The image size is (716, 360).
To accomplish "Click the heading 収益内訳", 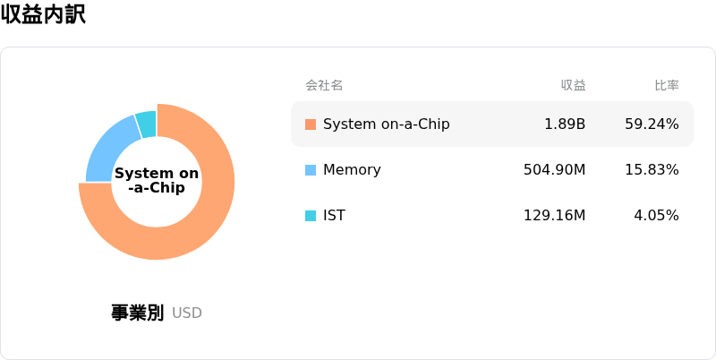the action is pyautogui.click(x=43, y=14).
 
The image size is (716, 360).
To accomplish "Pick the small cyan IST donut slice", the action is pyautogui.click(x=147, y=123).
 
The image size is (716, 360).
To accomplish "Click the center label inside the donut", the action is pyautogui.click(x=157, y=181).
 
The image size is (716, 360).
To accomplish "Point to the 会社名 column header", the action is pyautogui.click(x=324, y=85).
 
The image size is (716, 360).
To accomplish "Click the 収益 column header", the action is pyautogui.click(x=573, y=85).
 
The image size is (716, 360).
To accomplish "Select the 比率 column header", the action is pyautogui.click(x=667, y=85).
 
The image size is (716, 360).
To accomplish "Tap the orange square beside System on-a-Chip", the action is pyautogui.click(x=311, y=124).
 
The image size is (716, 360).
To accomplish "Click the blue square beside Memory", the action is pyautogui.click(x=311, y=170).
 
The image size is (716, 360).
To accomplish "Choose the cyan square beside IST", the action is pyautogui.click(x=311, y=216).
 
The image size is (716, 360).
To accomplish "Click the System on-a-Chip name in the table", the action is pyautogui.click(x=387, y=124).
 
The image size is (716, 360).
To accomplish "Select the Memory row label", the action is pyautogui.click(x=352, y=170).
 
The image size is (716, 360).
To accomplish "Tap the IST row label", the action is pyautogui.click(x=334, y=215).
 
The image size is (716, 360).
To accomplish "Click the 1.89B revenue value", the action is pyautogui.click(x=565, y=124).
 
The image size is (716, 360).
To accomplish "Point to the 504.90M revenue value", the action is pyautogui.click(x=554, y=170).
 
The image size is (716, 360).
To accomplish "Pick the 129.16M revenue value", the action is pyautogui.click(x=554, y=215).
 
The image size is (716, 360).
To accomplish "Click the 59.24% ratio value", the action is pyautogui.click(x=652, y=124).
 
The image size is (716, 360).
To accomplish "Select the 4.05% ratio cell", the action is pyautogui.click(x=656, y=215).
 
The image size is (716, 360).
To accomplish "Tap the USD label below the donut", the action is pyautogui.click(x=187, y=313).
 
